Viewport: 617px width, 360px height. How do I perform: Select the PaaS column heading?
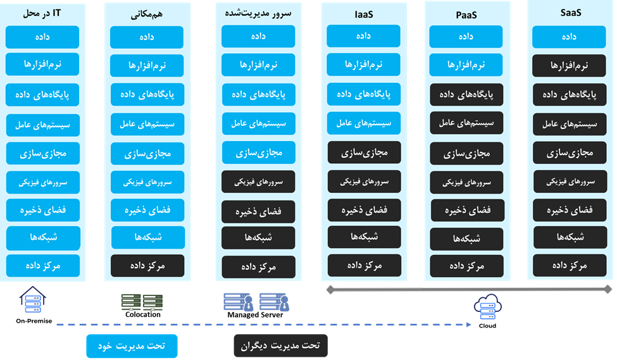tap(466, 14)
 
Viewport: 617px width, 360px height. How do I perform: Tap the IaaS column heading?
tap(363, 14)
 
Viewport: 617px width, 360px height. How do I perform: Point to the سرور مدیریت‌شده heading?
tap(259, 13)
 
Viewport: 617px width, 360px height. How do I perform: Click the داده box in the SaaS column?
tap(569, 37)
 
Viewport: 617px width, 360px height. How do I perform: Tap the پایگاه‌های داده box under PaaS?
tap(466, 94)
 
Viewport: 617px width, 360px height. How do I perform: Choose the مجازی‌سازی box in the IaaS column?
tap(364, 152)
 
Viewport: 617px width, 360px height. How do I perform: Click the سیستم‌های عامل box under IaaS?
tap(363, 123)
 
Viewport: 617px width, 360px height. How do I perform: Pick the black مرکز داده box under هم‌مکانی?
tap(147, 265)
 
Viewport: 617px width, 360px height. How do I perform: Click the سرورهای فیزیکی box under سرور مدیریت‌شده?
tap(259, 182)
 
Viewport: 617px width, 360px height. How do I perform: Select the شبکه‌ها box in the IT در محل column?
tap(43, 237)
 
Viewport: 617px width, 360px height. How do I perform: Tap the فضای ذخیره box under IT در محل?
tap(43, 208)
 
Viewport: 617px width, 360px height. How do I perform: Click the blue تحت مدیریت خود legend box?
tap(132, 346)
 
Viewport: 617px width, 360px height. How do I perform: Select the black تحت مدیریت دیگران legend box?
tap(280, 346)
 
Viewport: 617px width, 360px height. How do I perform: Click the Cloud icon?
tap(487, 309)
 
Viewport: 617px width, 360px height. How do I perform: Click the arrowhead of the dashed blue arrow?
tap(470, 325)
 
